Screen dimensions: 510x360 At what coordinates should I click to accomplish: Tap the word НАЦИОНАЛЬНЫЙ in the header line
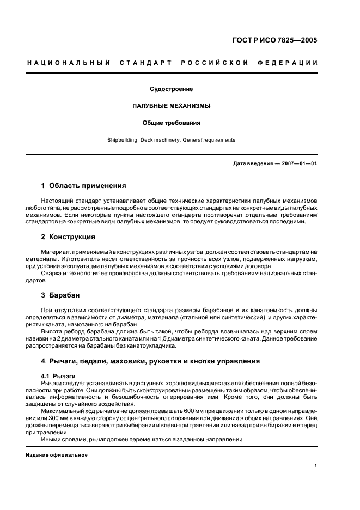click(x=66, y=63)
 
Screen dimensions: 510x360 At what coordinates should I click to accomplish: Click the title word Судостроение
click(x=171, y=89)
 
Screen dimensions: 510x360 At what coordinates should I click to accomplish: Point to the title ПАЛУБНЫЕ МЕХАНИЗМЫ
click(x=171, y=106)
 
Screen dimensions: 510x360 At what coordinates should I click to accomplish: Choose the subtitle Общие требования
click(x=171, y=123)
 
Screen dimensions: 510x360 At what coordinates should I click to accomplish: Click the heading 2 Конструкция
click(x=68, y=237)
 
